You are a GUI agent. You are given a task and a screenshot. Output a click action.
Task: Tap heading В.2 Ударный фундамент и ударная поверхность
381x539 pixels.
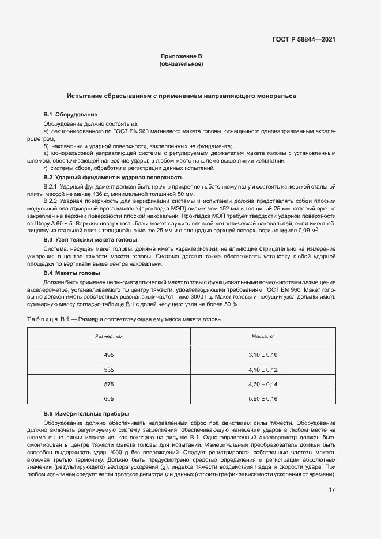114,178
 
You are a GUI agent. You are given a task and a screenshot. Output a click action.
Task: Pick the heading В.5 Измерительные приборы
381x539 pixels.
86,414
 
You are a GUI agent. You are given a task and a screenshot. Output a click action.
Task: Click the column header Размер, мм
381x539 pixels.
109,336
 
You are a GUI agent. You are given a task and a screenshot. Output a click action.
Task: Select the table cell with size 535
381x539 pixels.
109,368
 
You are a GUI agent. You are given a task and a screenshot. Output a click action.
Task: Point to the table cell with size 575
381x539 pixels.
109,383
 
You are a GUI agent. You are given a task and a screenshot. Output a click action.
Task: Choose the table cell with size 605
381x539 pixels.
109,398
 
